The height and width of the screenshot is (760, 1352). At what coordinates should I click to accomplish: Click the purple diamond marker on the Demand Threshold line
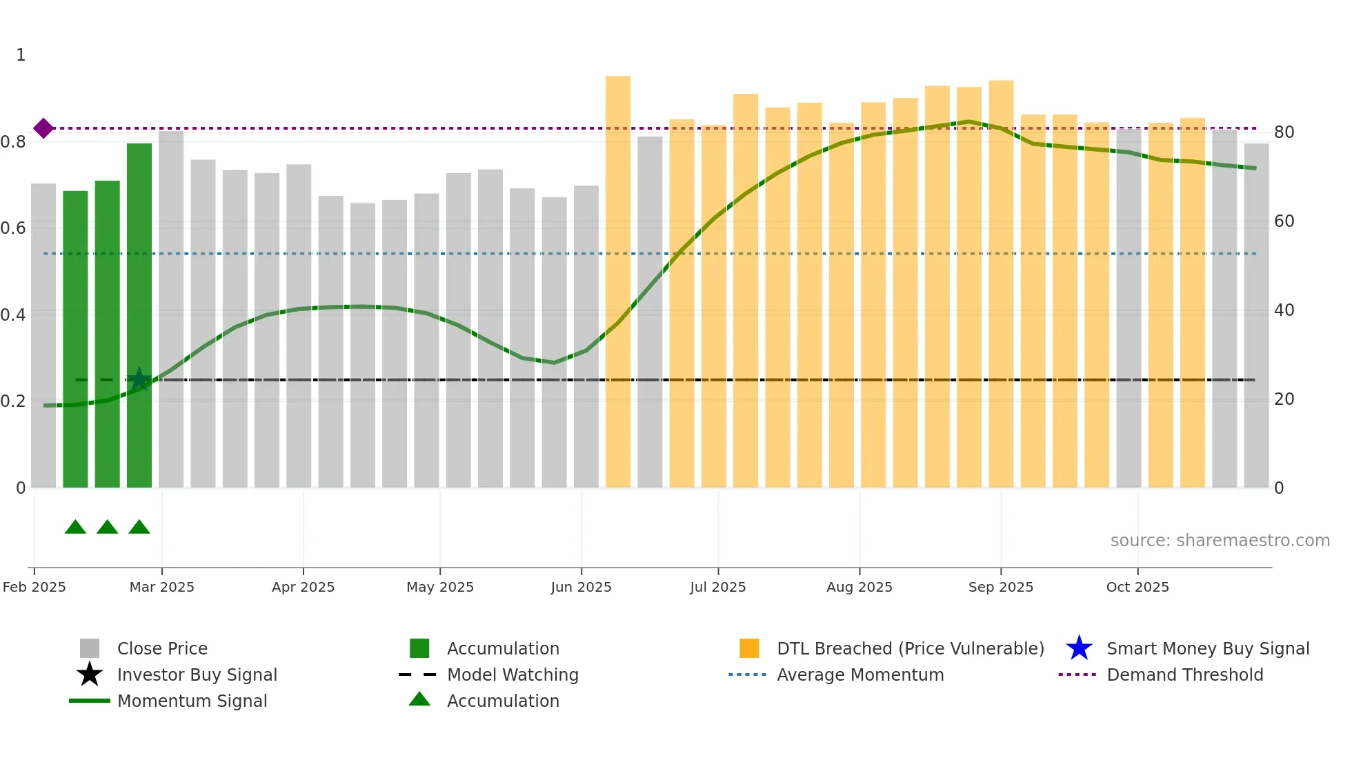[43, 128]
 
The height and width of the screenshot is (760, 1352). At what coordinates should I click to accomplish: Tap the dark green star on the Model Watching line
[139, 379]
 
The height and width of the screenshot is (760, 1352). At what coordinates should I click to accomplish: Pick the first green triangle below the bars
[75, 528]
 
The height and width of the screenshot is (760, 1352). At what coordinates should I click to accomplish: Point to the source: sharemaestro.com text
[1220, 541]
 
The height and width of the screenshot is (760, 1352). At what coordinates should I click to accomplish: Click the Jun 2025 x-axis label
[581, 587]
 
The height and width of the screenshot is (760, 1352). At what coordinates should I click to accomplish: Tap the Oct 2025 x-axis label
[1137, 587]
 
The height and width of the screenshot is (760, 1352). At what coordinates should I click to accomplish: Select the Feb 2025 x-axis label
[34, 587]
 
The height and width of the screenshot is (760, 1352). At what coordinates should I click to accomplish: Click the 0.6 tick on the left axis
[14, 228]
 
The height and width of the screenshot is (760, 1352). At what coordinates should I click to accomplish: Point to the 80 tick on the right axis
[1284, 132]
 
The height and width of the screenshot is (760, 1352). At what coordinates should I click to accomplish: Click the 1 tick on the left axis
[21, 55]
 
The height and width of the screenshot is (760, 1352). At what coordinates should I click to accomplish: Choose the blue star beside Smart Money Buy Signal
[1079, 648]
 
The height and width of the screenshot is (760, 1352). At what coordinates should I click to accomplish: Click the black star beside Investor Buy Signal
[90, 674]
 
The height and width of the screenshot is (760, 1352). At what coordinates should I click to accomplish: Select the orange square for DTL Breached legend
[749, 648]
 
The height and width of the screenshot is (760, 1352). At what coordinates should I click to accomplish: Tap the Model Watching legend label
[513, 674]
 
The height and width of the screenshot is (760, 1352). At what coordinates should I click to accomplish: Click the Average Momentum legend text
[860, 674]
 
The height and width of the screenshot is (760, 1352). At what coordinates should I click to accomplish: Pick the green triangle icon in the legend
[419, 699]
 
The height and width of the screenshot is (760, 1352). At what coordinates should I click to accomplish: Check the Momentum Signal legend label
[192, 701]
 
